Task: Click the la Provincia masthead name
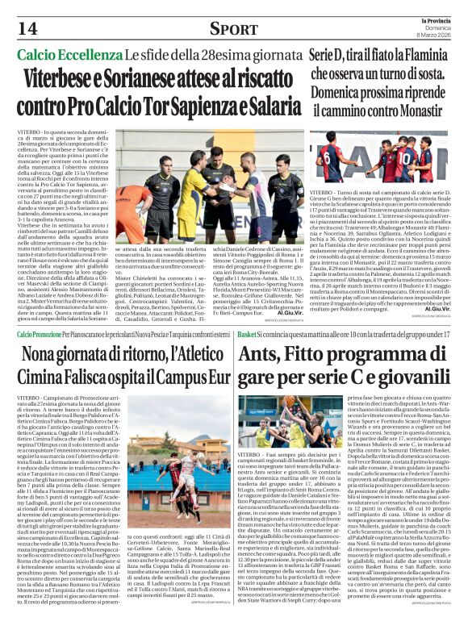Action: pos(442,19)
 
